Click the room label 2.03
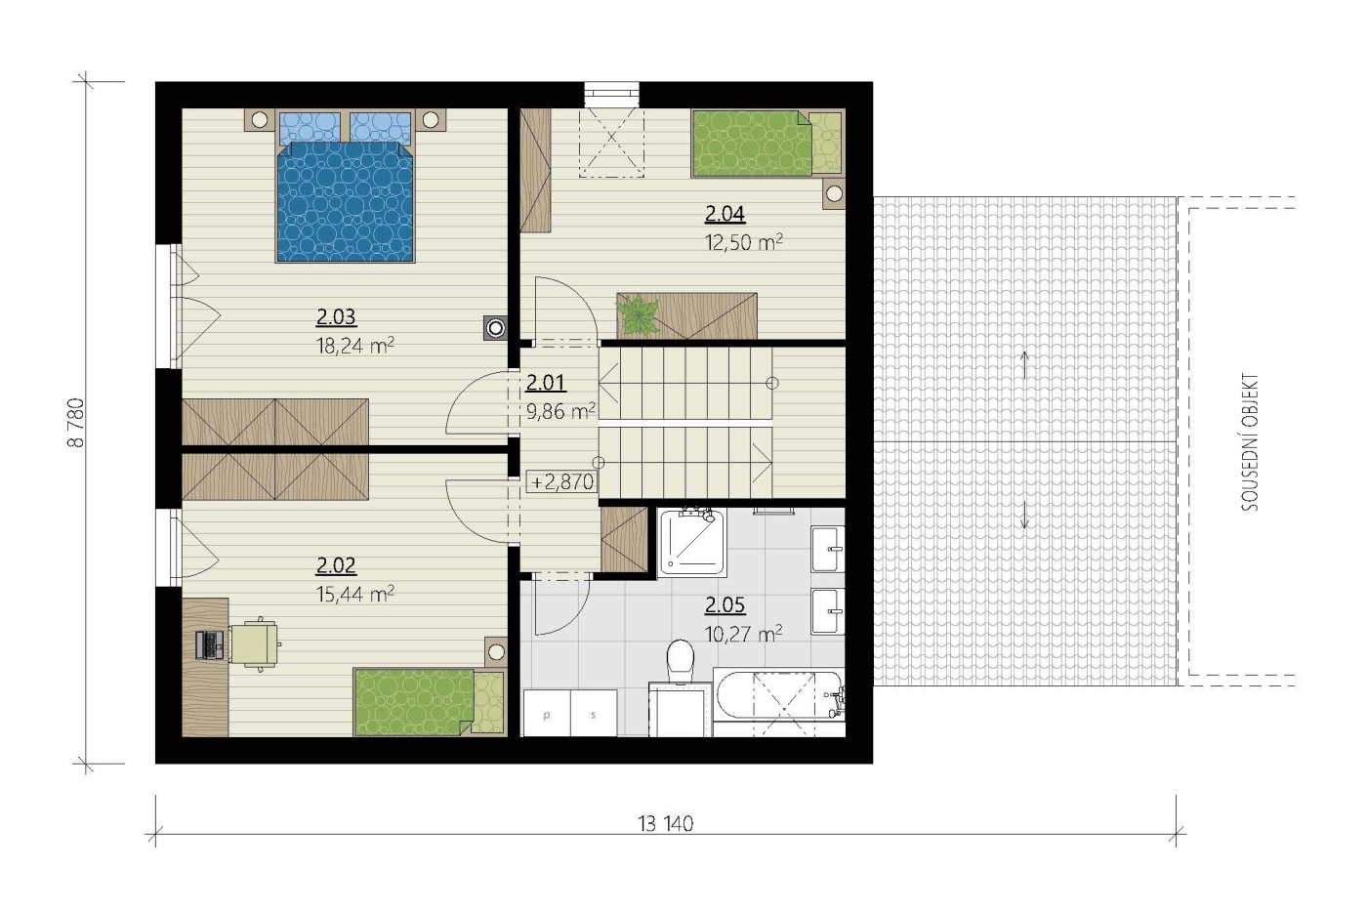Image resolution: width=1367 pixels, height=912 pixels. point(336,316)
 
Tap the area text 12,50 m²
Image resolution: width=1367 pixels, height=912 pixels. point(743,242)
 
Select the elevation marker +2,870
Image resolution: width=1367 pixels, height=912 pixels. point(562,481)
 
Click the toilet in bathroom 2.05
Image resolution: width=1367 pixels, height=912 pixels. point(681,660)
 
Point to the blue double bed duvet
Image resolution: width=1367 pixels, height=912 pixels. point(346,201)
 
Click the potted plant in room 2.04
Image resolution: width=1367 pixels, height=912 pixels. point(639,315)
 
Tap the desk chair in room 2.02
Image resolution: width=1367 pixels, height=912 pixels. point(255,643)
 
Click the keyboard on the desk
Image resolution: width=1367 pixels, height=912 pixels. point(209,645)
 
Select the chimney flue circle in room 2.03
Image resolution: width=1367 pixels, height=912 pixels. point(496,328)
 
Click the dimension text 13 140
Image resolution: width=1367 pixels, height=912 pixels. point(665,824)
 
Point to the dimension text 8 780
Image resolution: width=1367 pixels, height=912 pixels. point(76,423)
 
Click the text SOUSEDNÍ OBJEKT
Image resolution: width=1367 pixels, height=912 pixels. point(1250,442)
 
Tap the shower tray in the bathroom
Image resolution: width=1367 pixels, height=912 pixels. point(691,542)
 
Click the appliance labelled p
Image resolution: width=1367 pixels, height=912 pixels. point(547,713)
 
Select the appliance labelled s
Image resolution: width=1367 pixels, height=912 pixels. point(594,713)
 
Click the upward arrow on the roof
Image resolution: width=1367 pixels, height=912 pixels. point(1024,365)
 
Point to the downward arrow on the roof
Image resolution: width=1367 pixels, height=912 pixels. point(1024,515)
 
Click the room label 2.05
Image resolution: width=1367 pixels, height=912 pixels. point(725,605)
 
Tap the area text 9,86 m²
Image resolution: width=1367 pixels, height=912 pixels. point(560,411)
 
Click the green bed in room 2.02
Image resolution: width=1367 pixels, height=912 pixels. point(431,702)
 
